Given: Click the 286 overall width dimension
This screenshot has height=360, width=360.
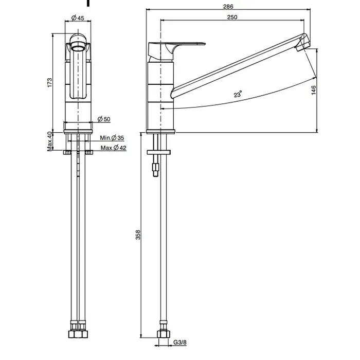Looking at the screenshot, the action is click(x=228, y=6).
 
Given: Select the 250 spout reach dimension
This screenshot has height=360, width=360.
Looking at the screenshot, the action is click(x=232, y=17).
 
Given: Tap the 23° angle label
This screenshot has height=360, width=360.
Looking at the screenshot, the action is click(x=238, y=94).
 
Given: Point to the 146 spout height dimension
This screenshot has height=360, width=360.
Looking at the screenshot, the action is click(x=314, y=90).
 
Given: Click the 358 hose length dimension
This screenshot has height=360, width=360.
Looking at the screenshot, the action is click(x=138, y=235).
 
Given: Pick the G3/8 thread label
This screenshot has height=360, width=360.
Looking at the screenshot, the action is click(x=180, y=343).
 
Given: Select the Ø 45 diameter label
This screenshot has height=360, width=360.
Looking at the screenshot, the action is click(x=78, y=17).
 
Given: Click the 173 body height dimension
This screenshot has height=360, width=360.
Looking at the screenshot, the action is click(x=49, y=83).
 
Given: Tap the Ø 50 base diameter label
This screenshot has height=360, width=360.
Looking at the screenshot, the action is click(x=104, y=119).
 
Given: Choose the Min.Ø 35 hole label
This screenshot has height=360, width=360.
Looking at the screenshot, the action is click(x=112, y=138).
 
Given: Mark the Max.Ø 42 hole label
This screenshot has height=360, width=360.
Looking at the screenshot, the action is click(x=114, y=148).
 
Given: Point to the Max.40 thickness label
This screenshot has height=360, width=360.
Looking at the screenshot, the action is click(x=50, y=141).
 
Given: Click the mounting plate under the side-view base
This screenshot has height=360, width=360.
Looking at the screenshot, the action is click(x=158, y=152).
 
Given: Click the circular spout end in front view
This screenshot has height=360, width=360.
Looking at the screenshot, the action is click(x=78, y=45).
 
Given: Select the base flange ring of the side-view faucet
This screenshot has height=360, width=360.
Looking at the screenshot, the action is click(x=160, y=132).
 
